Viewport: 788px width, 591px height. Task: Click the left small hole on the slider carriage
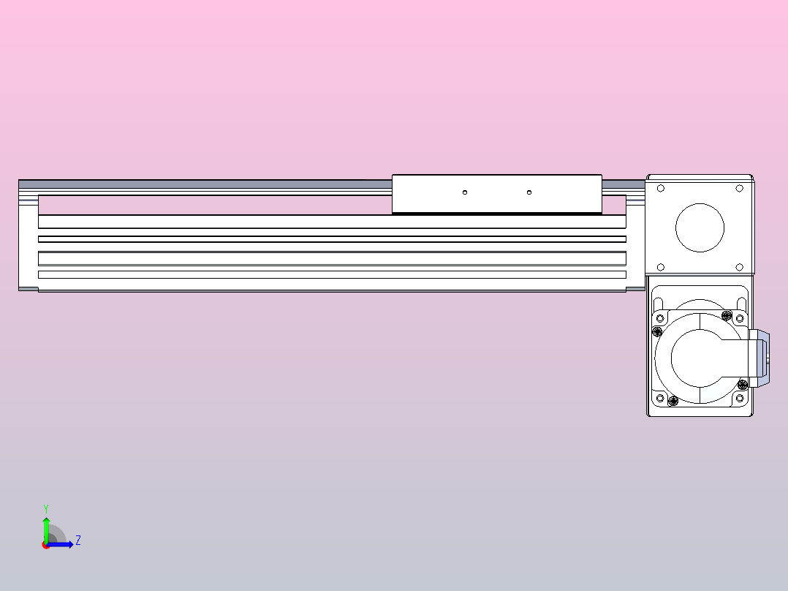click(x=465, y=192)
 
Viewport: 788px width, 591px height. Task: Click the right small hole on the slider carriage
click(x=529, y=192)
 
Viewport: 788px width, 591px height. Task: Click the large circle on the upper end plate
click(x=700, y=227)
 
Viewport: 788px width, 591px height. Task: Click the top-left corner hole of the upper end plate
click(x=661, y=188)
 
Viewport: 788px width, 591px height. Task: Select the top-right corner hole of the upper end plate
click(x=739, y=188)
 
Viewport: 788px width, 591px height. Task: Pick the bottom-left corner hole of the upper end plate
click(x=661, y=267)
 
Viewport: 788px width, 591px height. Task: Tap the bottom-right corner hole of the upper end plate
click(x=739, y=267)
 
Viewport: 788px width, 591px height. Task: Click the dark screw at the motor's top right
click(x=726, y=315)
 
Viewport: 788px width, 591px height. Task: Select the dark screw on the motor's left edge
click(x=656, y=331)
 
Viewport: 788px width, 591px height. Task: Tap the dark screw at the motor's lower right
click(x=743, y=385)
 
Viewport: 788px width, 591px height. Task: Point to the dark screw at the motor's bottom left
click(x=673, y=401)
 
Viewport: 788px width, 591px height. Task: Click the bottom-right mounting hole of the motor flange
click(x=739, y=399)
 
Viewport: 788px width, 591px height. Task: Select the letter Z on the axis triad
click(x=77, y=541)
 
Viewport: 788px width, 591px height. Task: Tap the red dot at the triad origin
click(x=46, y=545)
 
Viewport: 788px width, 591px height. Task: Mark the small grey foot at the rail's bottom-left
click(x=28, y=290)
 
